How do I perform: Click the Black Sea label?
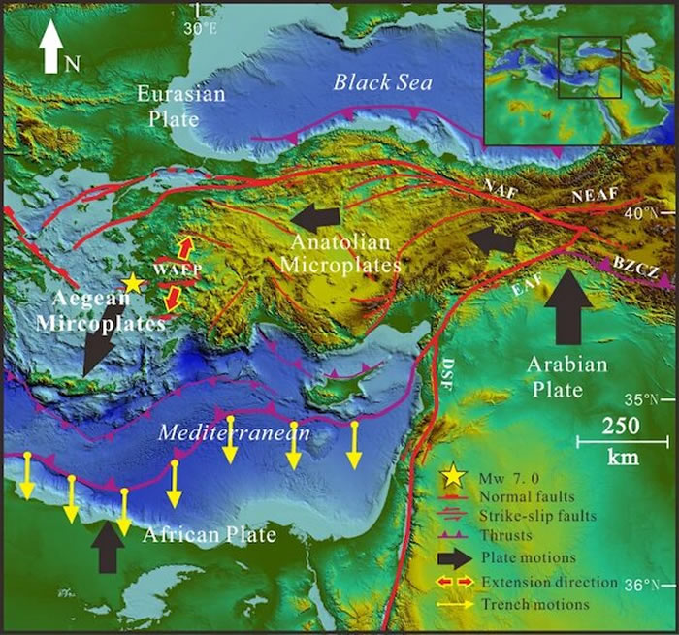point(382,83)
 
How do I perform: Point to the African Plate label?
point(209,534)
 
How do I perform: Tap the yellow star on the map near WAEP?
point(133,283)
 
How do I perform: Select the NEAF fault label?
point(592,194)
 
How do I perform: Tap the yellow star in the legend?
point(451,476)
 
